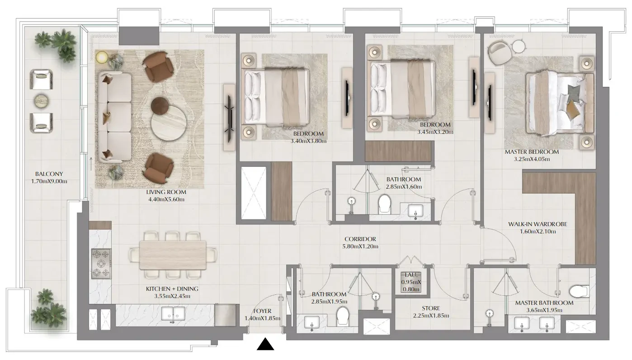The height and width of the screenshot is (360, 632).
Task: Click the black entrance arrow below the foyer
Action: coord(265,344)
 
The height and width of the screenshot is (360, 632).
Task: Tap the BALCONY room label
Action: coord(49,174)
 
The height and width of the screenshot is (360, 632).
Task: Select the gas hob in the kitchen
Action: coord(101,264)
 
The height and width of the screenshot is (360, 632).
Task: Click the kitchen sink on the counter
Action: coord(173,314)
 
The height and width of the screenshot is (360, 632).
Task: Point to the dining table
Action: coord(173,255)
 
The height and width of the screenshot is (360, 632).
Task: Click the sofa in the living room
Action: coord(115,117)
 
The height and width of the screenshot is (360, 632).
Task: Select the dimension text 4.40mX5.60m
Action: coord(166,199)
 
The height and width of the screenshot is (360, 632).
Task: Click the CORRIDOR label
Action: coord(360,239)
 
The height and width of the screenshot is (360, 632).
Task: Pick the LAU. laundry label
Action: coord(411,275)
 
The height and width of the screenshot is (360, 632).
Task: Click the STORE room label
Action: coord(431,308)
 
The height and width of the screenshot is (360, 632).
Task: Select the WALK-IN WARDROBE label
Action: coord(538,224)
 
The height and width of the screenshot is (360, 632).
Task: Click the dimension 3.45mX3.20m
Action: coord(435,132)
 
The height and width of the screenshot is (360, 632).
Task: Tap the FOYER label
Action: coord(262,311)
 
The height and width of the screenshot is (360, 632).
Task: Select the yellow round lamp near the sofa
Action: coord(102,57)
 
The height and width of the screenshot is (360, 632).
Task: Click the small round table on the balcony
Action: coord(42,101)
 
